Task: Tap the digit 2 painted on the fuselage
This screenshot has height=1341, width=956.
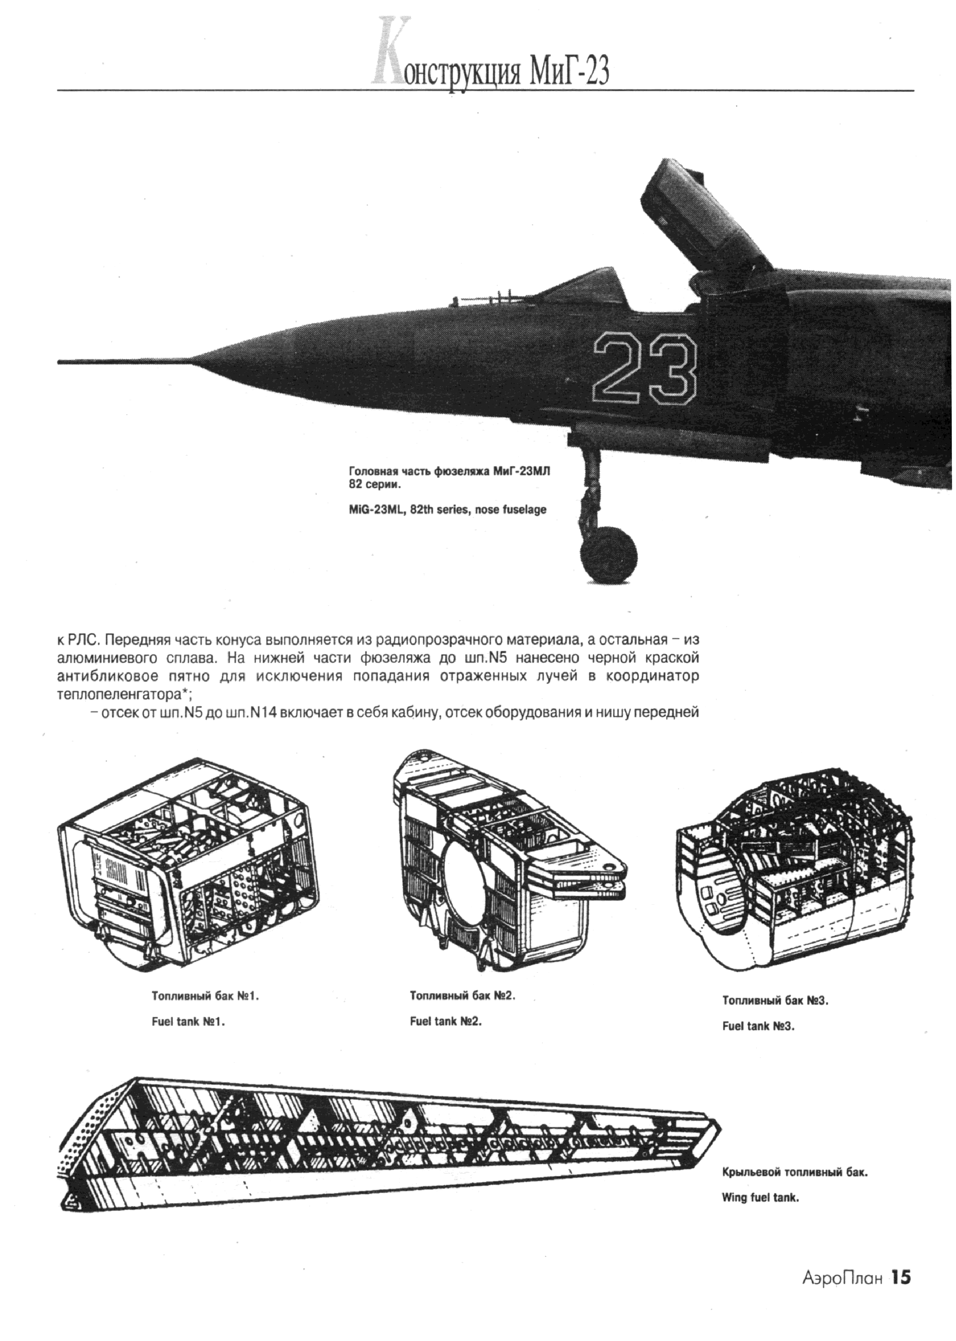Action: pos(619,368)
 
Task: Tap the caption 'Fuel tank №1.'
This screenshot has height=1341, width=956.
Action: pos(190,1023)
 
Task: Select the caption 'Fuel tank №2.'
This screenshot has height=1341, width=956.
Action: pos(446,1022)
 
